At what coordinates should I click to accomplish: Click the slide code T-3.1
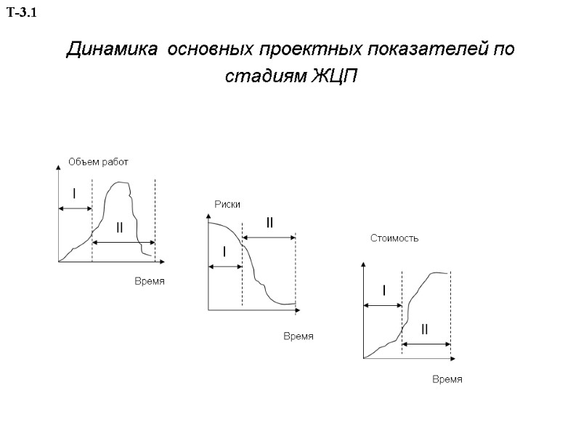point(25,13)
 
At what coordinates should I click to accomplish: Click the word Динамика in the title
point(111,50)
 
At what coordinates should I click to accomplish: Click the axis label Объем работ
point(98,162)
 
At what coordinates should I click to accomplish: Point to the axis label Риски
point(227,205)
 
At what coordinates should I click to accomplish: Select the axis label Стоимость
point(394,238)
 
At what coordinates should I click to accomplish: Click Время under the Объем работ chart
point(150,281)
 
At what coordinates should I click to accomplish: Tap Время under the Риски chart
point(298,336)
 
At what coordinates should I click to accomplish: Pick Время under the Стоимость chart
point(447,380)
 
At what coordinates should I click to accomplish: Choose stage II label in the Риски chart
point(269,222)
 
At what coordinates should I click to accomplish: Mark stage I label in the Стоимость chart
point(383,291)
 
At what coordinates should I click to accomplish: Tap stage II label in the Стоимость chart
point(424,330)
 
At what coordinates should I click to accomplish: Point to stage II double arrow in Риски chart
point(269,237)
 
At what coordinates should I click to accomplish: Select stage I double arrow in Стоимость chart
point(382,306)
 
